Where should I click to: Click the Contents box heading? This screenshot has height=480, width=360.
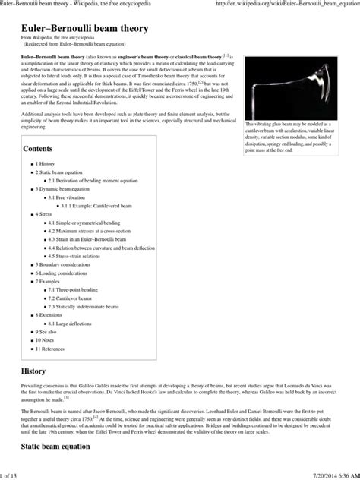(x=38, y=149)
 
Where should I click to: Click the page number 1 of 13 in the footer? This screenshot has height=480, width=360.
(x=11, y=475)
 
